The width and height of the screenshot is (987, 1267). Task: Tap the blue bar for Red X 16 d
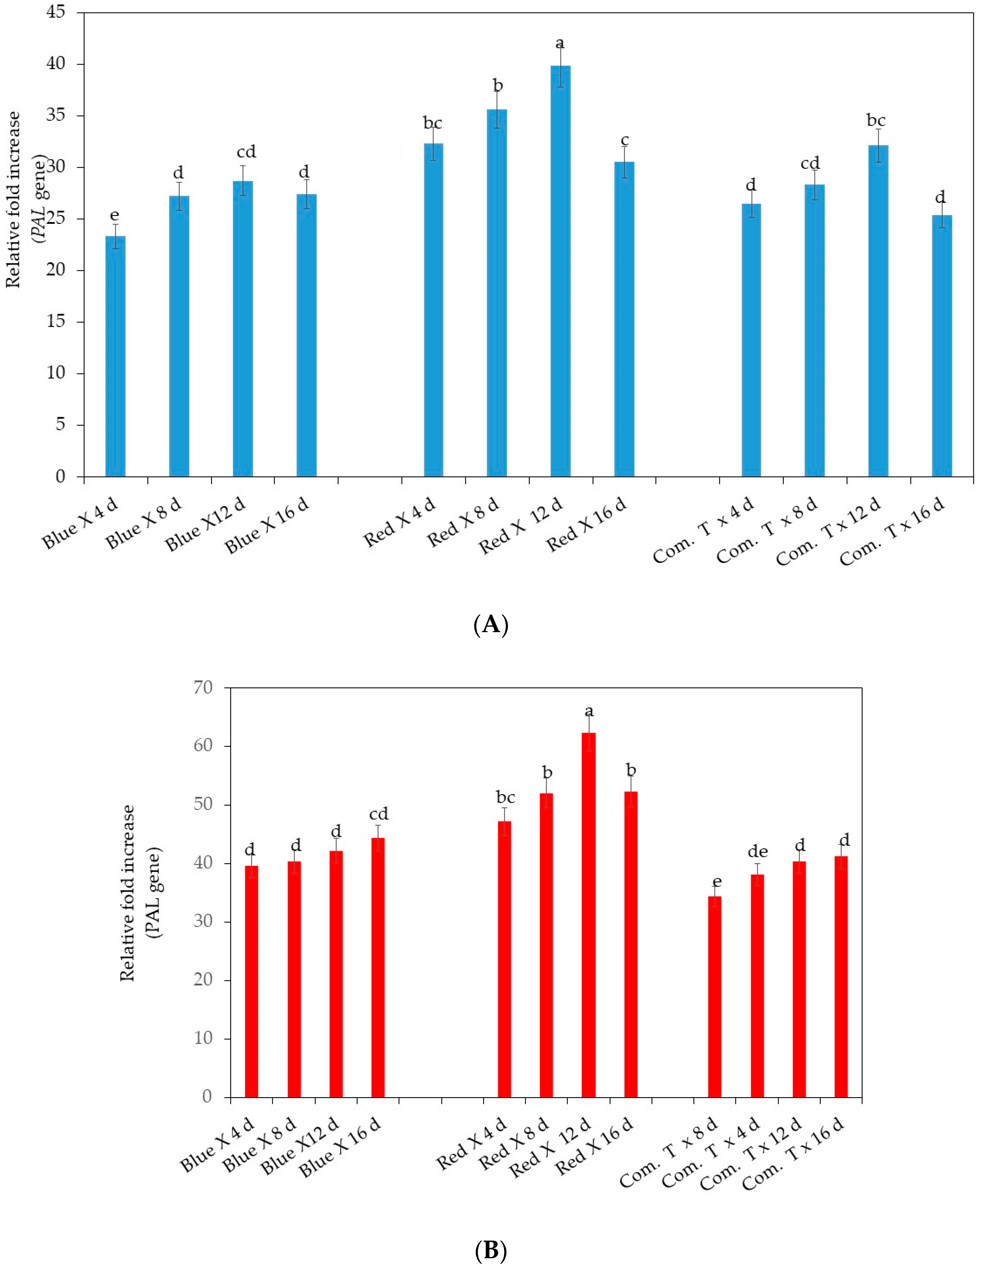tap(624, 319)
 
